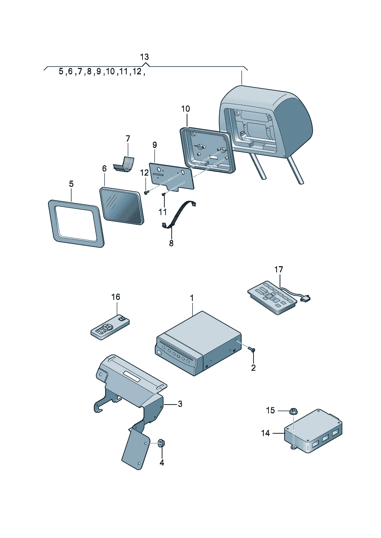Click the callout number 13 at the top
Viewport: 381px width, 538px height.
coord(144,57)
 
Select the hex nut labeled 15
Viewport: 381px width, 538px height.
coord(293,411)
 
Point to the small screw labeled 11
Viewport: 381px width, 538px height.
coord(164,194)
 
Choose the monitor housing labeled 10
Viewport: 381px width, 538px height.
coord(207,150)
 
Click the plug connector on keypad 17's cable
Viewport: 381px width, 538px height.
coord(306,297)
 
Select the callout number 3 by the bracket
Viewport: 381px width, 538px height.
coord(180,404)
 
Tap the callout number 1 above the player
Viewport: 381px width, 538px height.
coord(192,298)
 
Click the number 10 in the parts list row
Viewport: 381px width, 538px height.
coord(110,72)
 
